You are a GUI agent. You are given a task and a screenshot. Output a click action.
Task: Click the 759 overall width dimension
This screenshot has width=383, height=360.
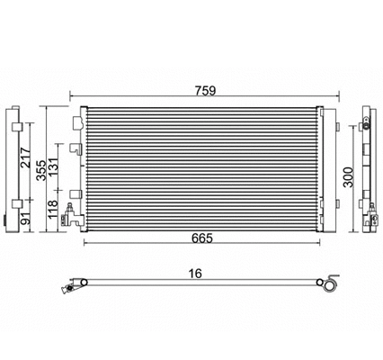201,90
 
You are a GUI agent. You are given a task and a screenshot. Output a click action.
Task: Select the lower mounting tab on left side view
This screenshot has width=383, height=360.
17,200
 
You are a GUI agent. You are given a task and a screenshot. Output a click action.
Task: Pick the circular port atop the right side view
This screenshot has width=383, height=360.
368,117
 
